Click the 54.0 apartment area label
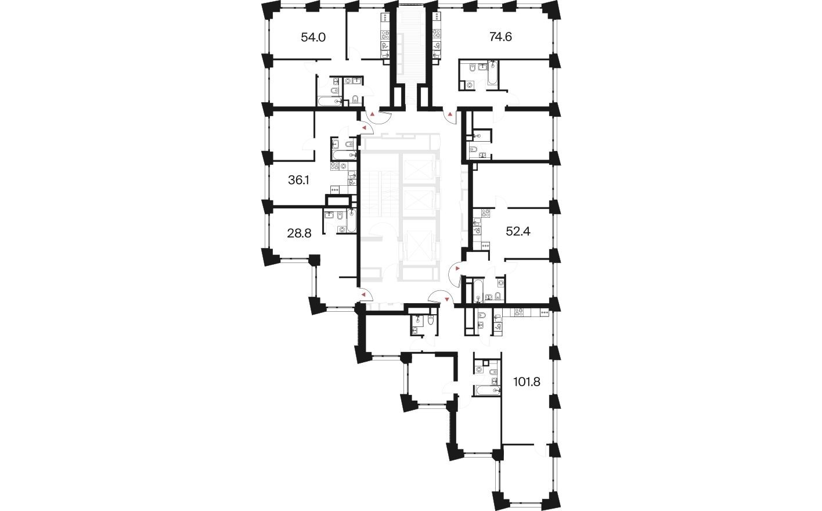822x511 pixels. point(313,38)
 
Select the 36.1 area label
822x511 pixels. point(298,181)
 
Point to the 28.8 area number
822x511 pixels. point(300,233)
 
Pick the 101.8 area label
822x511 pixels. point(531,382)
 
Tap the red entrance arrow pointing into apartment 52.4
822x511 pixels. point(458,269)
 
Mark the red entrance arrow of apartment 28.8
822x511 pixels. point(363,295)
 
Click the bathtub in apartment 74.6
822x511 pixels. point(492,75)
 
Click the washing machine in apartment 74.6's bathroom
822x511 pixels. point(469,85)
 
